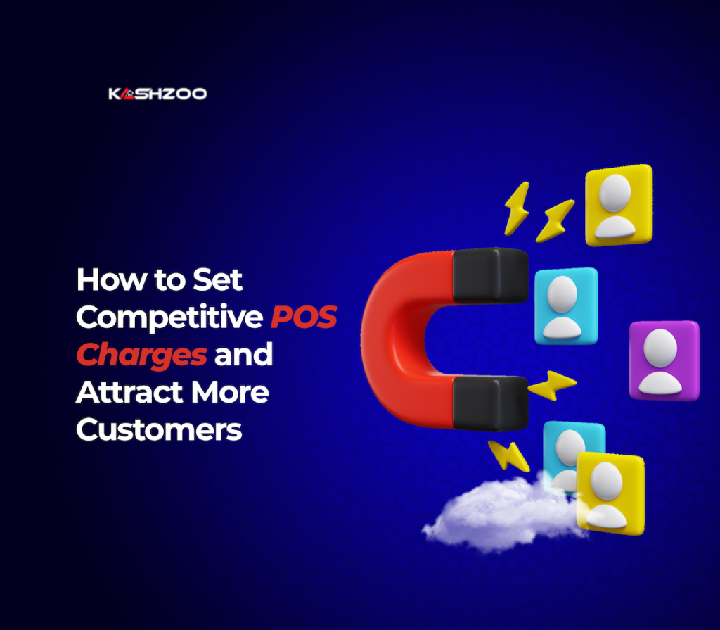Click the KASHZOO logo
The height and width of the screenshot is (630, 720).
pos(157,94)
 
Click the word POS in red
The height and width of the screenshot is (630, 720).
pos(304,317)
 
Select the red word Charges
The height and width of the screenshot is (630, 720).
pos(141,355)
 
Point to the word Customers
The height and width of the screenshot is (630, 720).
pos(159,429)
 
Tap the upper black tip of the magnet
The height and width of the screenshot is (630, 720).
pos(490,275)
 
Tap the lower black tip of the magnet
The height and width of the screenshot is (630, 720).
pos(490,403)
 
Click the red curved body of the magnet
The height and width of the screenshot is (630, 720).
pos(394,338)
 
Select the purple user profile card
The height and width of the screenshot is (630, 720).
pos(664,360)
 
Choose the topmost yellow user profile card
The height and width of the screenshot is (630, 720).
pos(618,204)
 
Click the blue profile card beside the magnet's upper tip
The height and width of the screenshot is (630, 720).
pos(565,305)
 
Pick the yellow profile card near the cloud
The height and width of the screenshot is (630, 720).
pos(610,493)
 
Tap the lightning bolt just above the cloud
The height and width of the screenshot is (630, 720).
pos(509,455)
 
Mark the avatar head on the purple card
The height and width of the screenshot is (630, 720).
pos(660,347)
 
